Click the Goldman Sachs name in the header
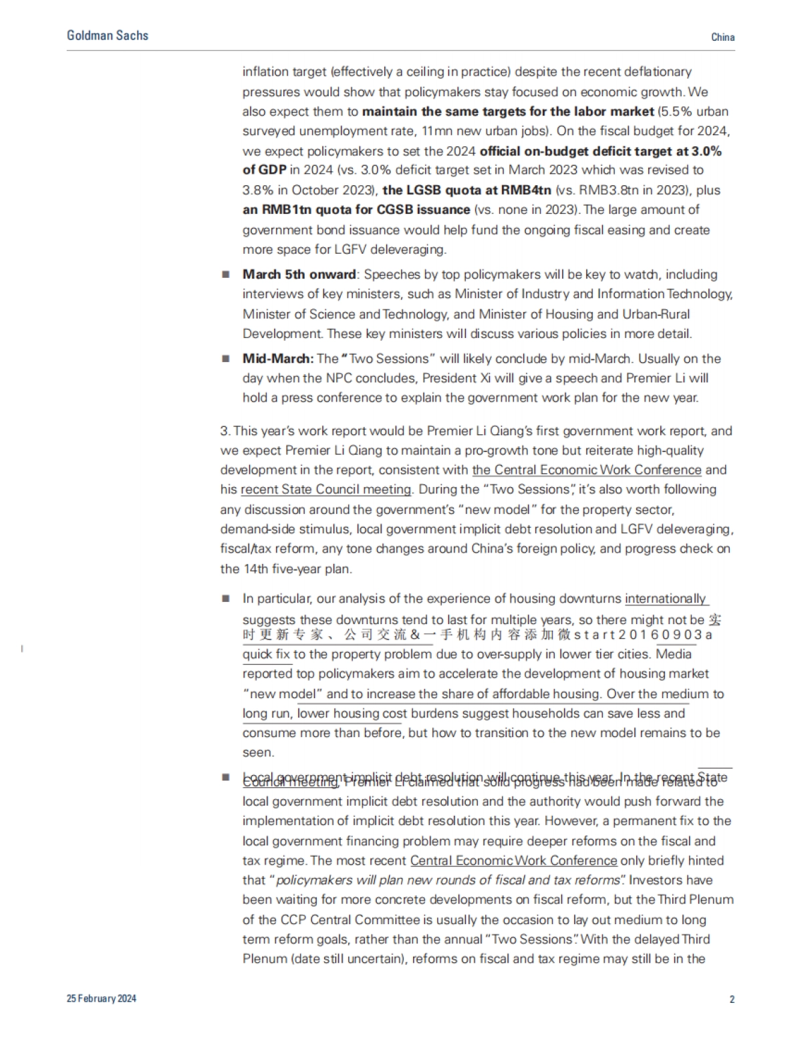point(108,35)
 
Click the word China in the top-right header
point(722,37)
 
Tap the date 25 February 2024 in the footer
point(102,998)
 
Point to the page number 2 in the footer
point(732,1000)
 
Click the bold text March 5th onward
point(299,275)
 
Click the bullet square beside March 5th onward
point(226,275)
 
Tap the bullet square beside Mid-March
point(226,359)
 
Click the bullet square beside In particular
point(226,599)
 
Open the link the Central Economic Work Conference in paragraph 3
point(587,470)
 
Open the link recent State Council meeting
point(325,490)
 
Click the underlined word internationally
point(665,599)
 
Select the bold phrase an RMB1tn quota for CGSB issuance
point(356,210)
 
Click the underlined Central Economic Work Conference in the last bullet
point(513,861)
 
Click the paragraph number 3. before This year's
point(225,431)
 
